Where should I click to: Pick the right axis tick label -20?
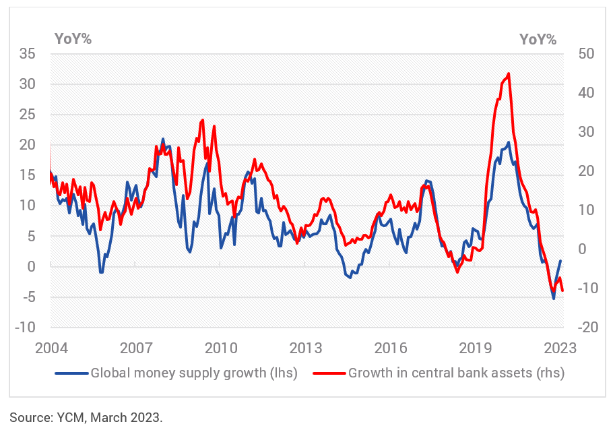[579, 328]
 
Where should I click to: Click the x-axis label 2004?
[52, 348]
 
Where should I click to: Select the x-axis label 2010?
[221, 348]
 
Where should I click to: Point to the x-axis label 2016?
[391, 348]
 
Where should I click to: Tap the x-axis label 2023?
[560, 348]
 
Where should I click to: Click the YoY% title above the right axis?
[538, 39]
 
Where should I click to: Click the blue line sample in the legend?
[71, 372]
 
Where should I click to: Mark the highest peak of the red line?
[508, 73]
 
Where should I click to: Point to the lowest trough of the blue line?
[554, 299]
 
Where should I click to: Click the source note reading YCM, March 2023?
[86, 417]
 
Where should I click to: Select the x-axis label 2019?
[476, 348]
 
